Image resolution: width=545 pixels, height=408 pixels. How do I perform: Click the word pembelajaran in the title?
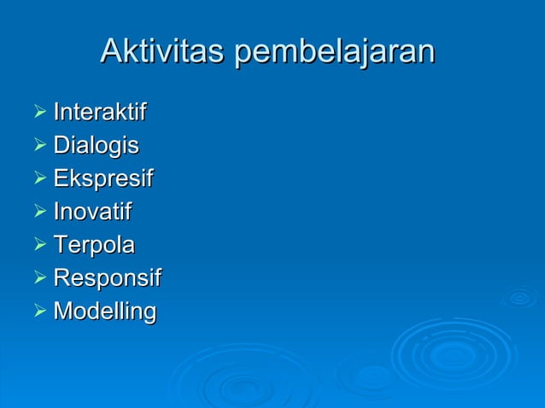click(x=335, y=53)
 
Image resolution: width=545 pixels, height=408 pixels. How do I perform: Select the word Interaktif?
click(x=100, y=112)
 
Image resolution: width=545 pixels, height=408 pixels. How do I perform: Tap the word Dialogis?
click(x=96, y=146)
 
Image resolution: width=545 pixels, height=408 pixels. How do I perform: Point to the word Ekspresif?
click(x=103, y=179)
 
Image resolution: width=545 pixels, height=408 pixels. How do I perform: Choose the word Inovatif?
click(x=93, y=212)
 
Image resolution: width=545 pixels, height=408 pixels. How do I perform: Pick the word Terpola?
click(x=94, y=246)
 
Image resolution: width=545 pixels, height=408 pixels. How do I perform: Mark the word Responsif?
click(x=107, y=279)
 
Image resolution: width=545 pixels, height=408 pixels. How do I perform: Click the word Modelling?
click(x=105, y=312)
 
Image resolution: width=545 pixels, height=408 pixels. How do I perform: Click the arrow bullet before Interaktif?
click(x=37, y=112)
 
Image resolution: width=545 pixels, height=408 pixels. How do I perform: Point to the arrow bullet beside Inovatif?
click(x=37, y=212)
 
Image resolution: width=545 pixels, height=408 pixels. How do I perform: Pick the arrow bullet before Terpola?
click(x=37, y=245)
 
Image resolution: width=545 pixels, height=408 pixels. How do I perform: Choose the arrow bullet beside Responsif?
click(x=37, y=278)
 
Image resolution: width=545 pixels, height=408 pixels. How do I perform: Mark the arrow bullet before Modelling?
click(x=37, y=312)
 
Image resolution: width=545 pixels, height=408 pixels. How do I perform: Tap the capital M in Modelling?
click(x=63, y=312)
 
